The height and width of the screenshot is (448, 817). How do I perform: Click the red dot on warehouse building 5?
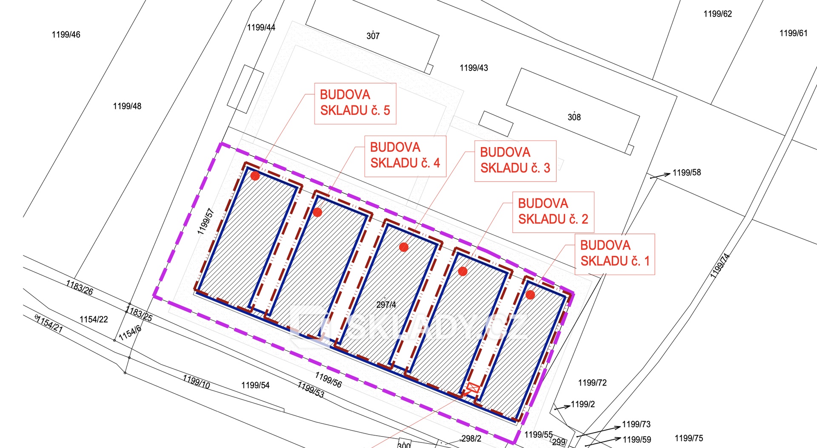(255, 176)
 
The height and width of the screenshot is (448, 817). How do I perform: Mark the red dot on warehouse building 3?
(404, 247)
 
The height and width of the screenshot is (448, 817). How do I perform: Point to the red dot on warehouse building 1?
(530, 295)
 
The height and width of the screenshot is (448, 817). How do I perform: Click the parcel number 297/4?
(386, 304)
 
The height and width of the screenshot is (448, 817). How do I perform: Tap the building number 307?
(373, 36)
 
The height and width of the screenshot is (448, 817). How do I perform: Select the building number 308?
(574, 117)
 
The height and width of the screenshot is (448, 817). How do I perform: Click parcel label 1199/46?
(66, 34)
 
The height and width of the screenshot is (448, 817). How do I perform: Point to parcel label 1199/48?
(127, 106)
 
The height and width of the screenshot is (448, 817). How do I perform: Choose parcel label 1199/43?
(474, 68)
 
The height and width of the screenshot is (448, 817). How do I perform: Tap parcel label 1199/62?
(718, 14)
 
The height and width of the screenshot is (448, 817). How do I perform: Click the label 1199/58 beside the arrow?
(687, 172)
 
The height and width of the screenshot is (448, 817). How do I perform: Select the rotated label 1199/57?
(206, 221)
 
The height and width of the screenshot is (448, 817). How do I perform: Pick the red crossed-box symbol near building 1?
(473, 388)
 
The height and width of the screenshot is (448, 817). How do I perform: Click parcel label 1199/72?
(592, 383)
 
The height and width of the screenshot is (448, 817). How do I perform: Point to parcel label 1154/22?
(94, 319)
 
